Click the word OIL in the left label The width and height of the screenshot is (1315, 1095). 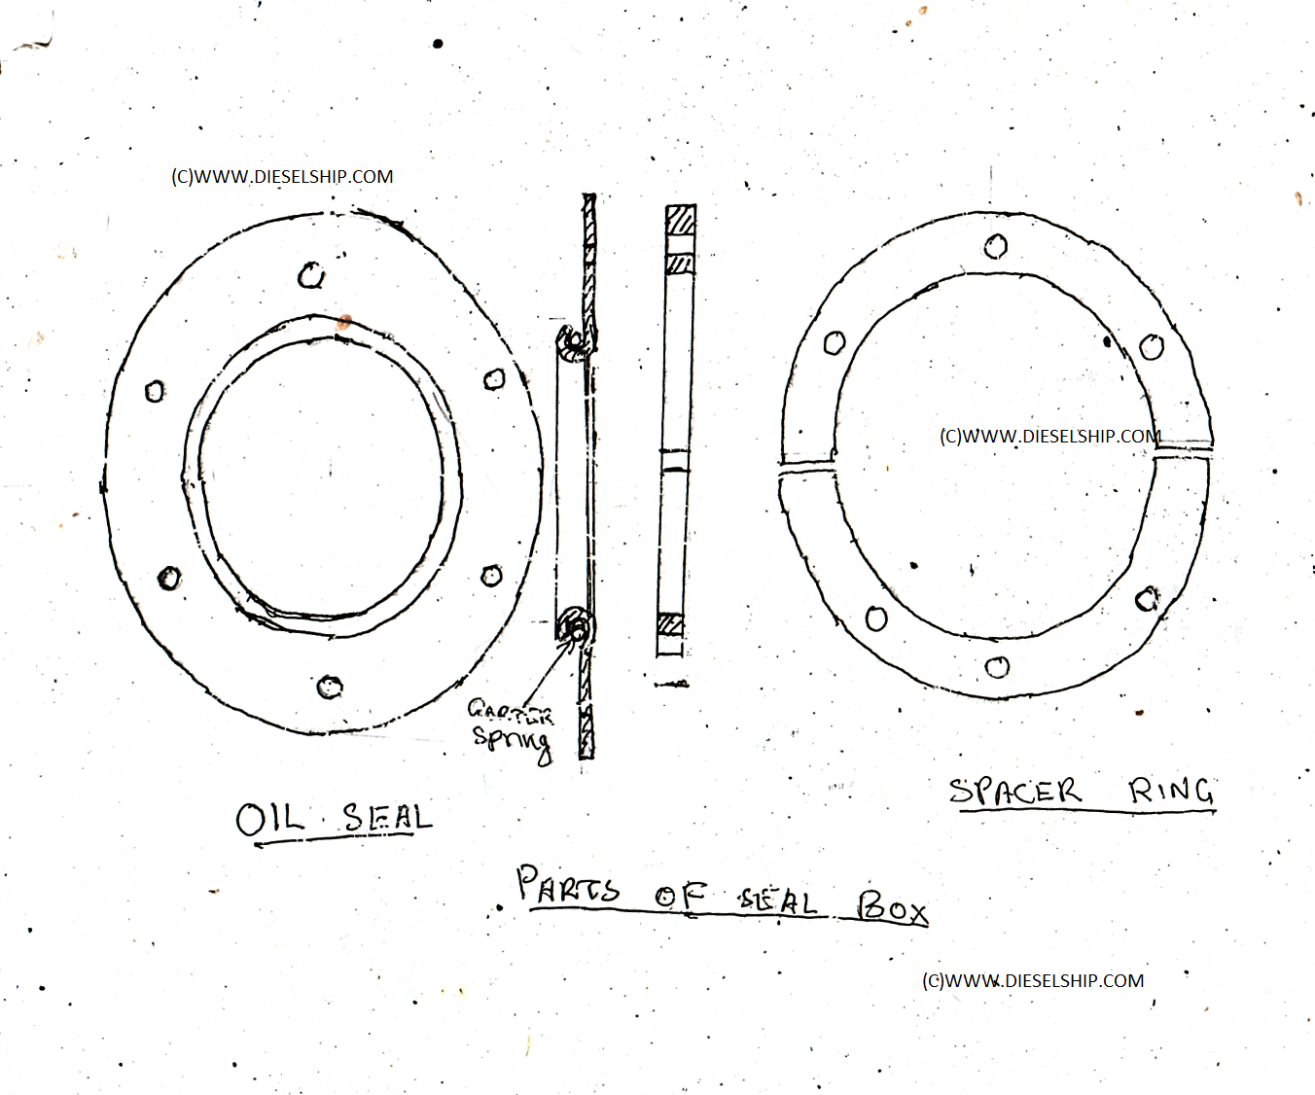coord(269,819)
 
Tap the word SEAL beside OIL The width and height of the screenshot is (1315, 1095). coord(387,817)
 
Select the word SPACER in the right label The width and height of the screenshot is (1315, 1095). coord(1014,792)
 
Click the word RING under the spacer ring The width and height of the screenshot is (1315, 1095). coord(1171,791)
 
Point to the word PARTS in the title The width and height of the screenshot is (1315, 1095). coord(568,886)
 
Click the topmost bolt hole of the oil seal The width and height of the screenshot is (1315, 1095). coord(311,276)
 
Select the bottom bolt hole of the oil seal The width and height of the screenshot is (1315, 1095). coord(330,687)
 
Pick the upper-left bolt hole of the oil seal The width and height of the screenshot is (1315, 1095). coord(155,392)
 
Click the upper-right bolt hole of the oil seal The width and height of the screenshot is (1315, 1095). coord(494,378)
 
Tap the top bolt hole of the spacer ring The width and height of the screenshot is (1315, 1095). coord(996,247)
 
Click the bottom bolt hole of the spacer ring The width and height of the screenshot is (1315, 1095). coord(997,667)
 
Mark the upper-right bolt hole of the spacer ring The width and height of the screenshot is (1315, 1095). coord(1152,346)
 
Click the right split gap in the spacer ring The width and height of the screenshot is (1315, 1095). coord(1183,450)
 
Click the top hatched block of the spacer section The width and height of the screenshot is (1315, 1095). coord(681,220)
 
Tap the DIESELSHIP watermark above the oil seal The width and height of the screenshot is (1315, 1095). coord(282,177)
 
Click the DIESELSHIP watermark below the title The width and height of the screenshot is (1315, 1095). coord(1033,981)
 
